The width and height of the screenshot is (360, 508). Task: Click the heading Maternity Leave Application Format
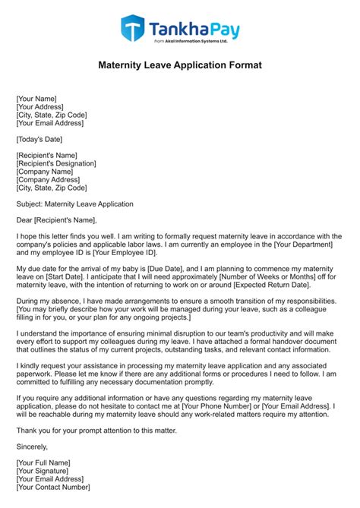coord(180,66)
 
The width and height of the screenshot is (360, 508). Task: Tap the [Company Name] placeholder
coord(49,172)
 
